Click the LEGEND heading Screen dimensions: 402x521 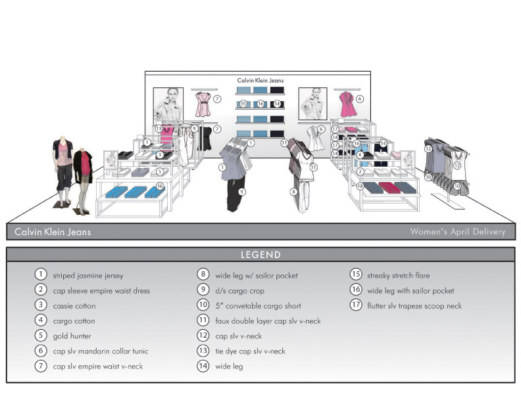click(x=260, y=255)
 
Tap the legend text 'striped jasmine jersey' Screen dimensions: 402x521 click(x=87, y=276)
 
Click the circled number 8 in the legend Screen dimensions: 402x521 click(x=203, y=276)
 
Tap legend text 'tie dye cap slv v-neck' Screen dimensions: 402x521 click(x=250, y=351)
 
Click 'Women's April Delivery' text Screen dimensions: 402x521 click(x=457, y=231)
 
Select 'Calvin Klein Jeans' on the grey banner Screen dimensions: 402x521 click(x=53, y=231)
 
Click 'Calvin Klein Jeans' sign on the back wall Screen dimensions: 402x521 click(x=260, y=81)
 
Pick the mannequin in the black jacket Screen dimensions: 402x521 click(x=84, y=177)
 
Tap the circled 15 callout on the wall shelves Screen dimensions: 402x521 click(x=243, y=104)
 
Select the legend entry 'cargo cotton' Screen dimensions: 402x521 click(x=74, y=321)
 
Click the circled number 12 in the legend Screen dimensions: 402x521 click(x=203, y=336)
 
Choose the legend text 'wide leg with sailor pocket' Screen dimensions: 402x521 click(x=410, y=291)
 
